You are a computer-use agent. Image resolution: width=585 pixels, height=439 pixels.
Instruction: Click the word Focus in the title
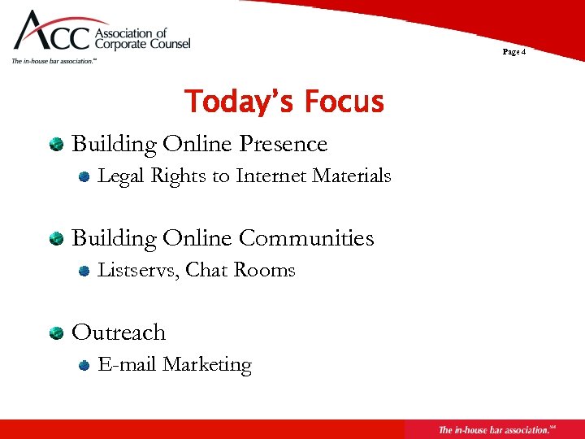pyautogui.click(x=344, y=102)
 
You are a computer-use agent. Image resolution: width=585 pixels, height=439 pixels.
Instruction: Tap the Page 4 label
pyautogui.click(x=514, y=52)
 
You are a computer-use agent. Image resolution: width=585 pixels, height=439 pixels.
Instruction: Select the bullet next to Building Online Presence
pyautogui.click(x=56, y=145)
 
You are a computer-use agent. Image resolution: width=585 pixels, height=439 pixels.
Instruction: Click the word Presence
pyautogui.click(x=284, y=144)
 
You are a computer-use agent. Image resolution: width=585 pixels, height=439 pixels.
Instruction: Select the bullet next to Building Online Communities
pyautogui.click(x=56, y=239)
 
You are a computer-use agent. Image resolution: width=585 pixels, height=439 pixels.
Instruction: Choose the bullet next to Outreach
pyautogui.click(x=56, y=333)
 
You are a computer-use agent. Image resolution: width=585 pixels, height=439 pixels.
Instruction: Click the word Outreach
pyautogui.click(x=119, y=333)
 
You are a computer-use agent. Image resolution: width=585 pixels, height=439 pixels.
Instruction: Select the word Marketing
pyautogui.click(x=207, y=365)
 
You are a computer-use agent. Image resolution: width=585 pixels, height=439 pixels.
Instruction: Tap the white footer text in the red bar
pyautogui.click(x=494, y=429)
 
